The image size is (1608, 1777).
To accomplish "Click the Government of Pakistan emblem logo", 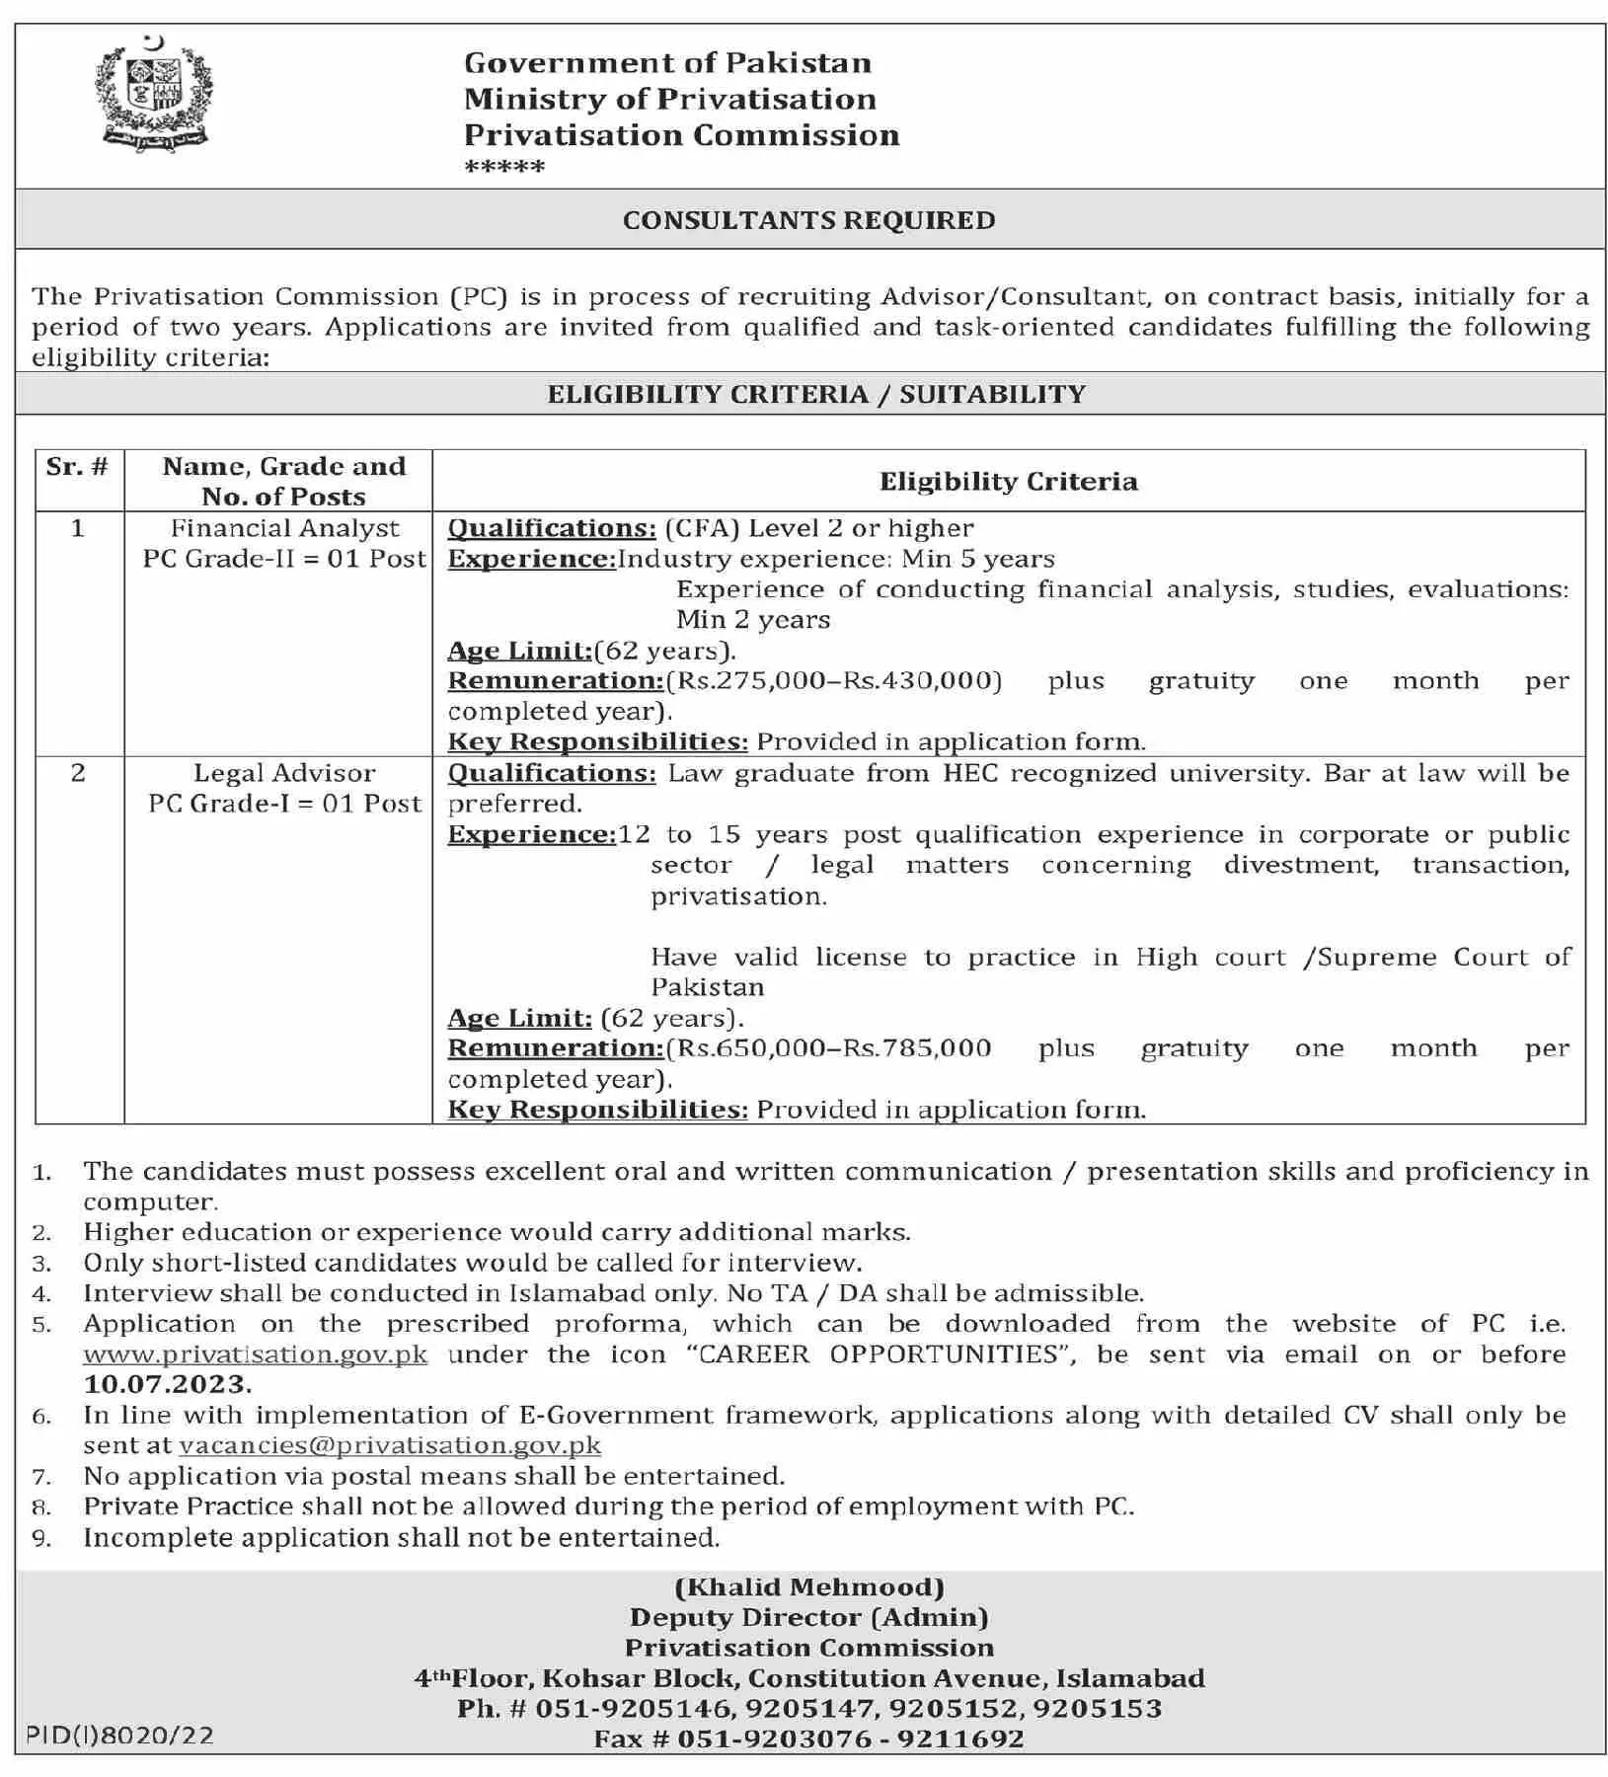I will point(153,96).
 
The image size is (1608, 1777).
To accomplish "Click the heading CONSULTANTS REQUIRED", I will point(808,220).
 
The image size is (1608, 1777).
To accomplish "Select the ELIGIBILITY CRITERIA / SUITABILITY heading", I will point(816,394).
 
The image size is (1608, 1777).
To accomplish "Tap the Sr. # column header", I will point(77,466).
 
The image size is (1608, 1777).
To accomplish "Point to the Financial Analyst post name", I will point(284,528).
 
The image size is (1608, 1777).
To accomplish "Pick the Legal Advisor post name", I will point(284,773).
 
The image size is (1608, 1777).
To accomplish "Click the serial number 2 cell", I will point(78,773).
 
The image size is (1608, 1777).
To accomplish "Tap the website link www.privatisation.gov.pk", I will point(256,1353).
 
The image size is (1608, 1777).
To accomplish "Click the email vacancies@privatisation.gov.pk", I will point(390,1445).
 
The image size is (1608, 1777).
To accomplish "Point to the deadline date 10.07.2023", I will point(167,1384).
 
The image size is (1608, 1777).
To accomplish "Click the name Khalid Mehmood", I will point(809,1587).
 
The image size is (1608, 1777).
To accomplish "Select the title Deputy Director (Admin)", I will point(809,1617).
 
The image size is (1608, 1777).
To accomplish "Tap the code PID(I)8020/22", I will point(119,1736).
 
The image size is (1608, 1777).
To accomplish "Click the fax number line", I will point(808,1738).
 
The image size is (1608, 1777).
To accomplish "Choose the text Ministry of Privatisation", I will point(670,99).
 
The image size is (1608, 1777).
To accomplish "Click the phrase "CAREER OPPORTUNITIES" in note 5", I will point(880,1353).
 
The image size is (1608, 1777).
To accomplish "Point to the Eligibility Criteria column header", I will point(1008,481).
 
